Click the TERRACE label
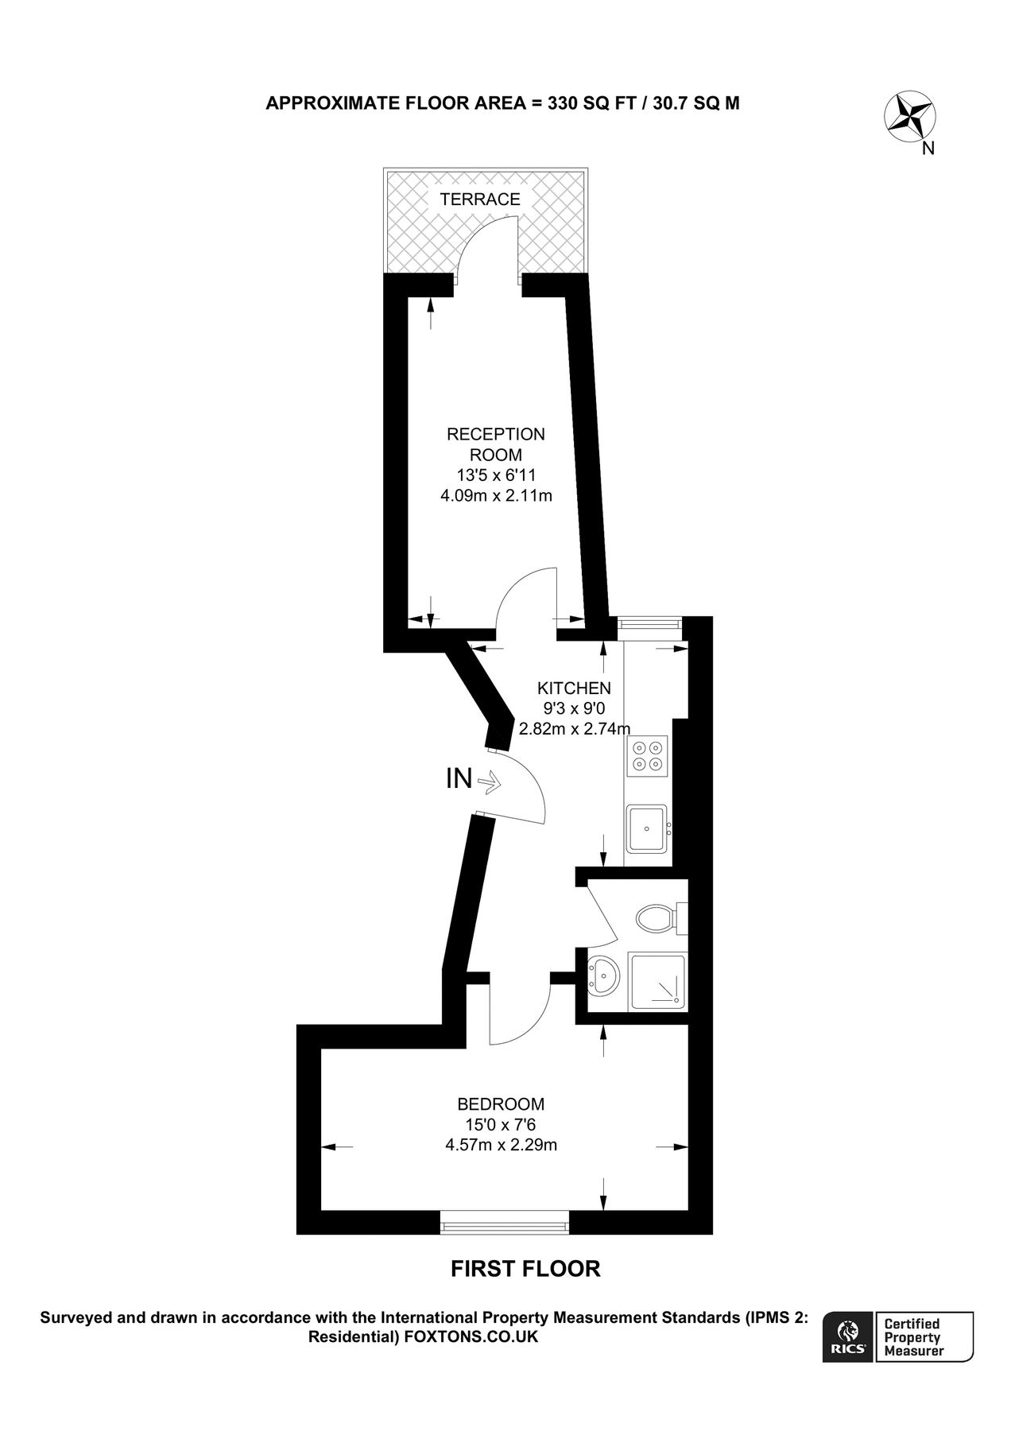480,200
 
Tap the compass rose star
909,117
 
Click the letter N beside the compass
928,148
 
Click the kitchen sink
647,828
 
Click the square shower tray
657,981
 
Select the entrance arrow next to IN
489,782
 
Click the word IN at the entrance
459,779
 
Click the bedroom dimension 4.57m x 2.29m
501,1146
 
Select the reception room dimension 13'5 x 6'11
496,475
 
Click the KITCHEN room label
574,688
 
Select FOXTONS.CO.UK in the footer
471,1337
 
